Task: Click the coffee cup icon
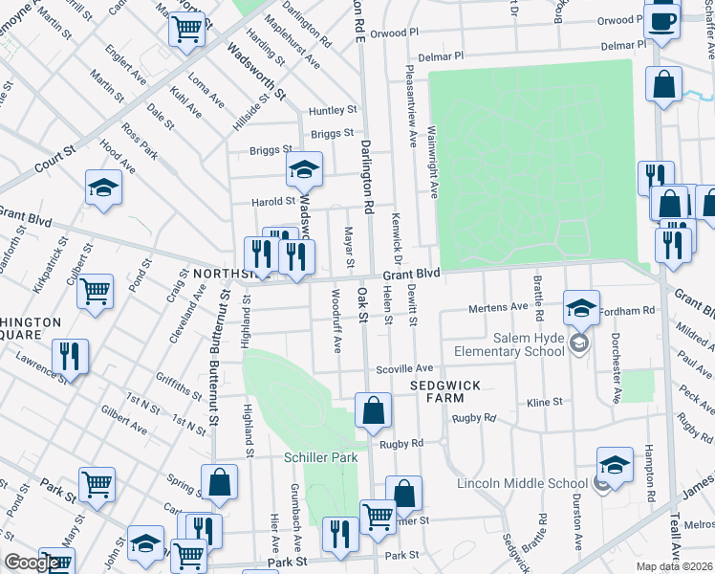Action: (x=661, y=19)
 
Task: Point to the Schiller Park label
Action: (x=320, y=457)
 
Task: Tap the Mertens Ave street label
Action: (x=497, y=307)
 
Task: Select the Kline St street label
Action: (x=544, y=404)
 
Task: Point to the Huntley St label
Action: (x=333, y=111)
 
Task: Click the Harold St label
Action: (x=274, y=202)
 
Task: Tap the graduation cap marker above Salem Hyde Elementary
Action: (x=580, y=308)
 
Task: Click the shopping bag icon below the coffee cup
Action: (x=663, y=84)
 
